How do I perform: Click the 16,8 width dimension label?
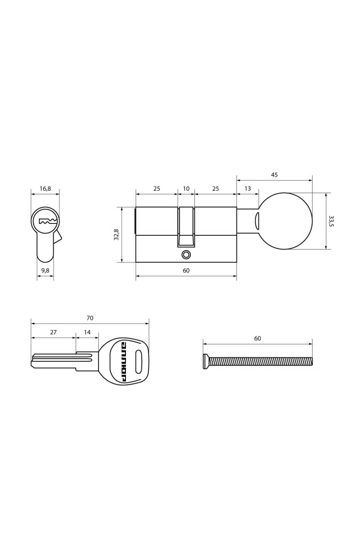click(46, 188)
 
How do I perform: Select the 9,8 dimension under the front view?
click(46, 271)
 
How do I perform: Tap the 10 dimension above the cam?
click(186, 188)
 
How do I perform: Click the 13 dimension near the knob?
click(248, 188)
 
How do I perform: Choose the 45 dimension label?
click(274, 176)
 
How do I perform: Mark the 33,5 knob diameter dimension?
click(331, 221)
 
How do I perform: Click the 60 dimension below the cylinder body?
click(186, 271)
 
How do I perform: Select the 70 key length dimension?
click(90, 318)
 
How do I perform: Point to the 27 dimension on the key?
click(53, 332)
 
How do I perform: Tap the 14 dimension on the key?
click(88, 332)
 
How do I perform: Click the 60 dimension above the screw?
click(257, 339)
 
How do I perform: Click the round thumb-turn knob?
click(286, 221)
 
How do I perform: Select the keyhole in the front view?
click(46, 222)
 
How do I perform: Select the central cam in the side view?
click(186, 228)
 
